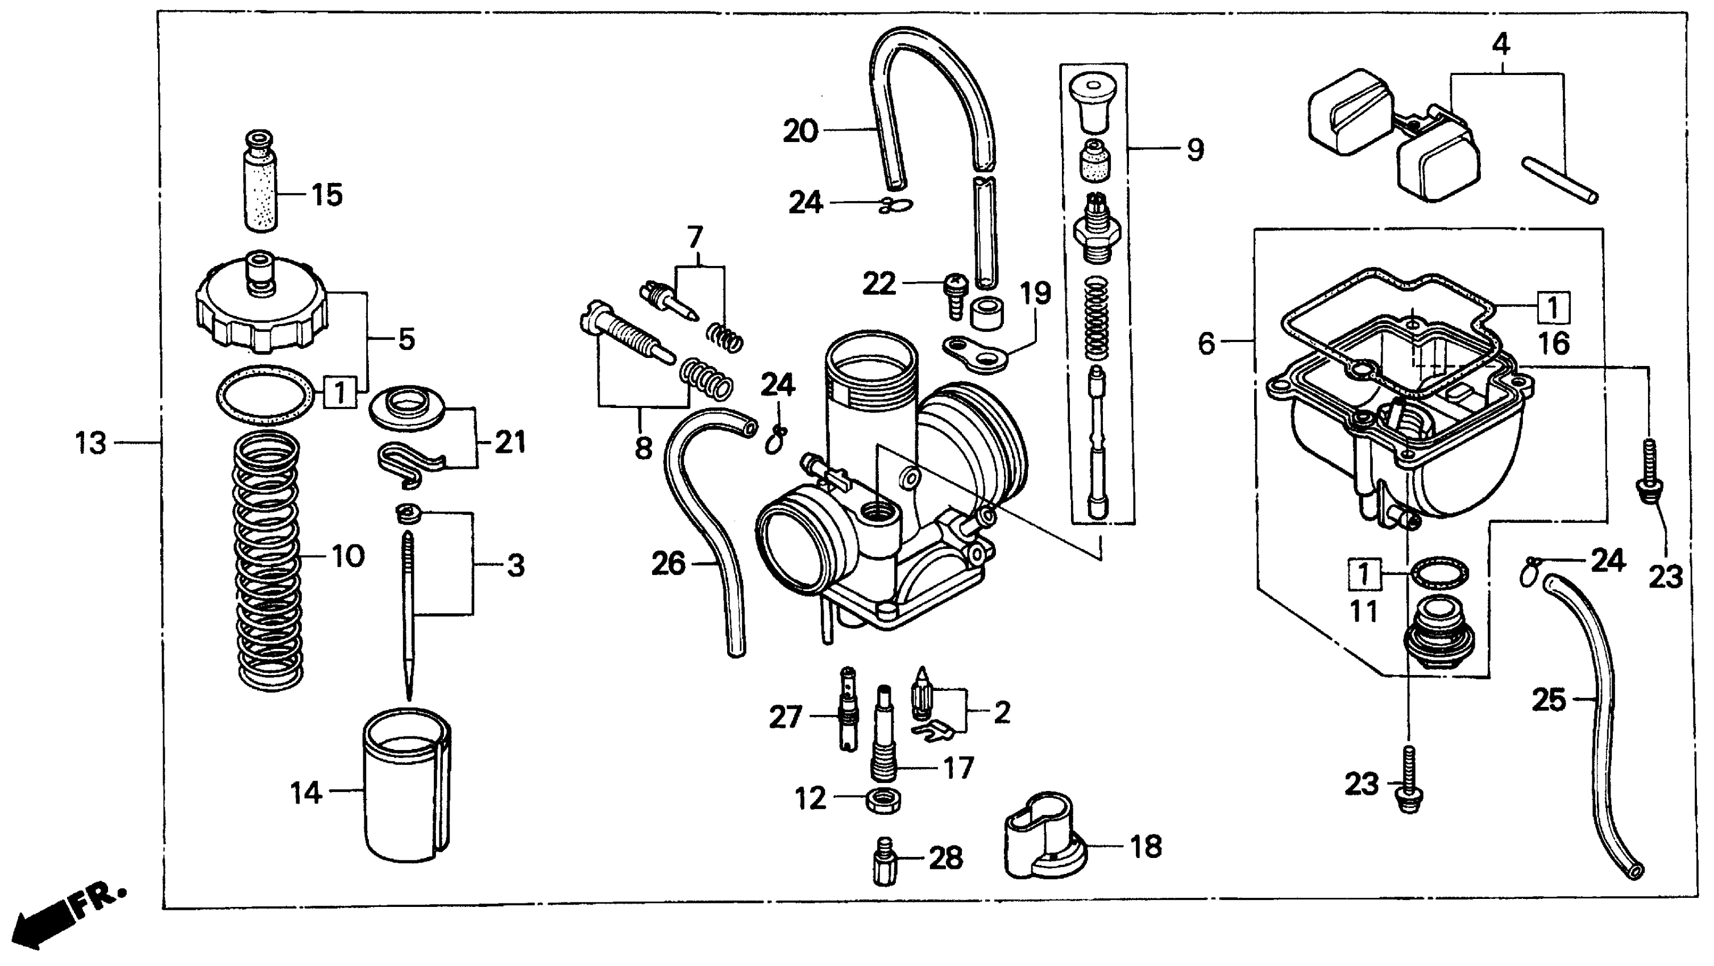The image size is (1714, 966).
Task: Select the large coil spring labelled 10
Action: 268,559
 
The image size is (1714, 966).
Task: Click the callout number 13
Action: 90,443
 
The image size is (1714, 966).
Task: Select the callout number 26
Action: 668,564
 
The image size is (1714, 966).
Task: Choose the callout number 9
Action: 1195,149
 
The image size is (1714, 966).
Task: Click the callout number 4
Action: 1501,44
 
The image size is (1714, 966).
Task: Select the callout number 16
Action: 1554,343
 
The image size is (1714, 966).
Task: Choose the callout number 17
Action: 959,769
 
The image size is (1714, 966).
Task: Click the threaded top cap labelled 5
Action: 261,306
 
